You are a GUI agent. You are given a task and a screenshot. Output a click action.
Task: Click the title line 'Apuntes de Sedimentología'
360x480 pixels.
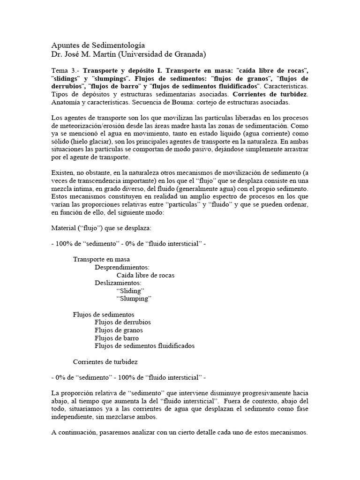(x=98, y=45)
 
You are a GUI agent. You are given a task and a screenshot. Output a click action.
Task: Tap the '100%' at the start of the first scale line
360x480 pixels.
(x=64, y=244)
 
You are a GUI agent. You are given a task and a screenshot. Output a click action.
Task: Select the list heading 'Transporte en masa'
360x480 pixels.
(x=102, y=259)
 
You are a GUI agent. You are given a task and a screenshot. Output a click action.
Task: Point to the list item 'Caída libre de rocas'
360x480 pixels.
(x=145, y=275)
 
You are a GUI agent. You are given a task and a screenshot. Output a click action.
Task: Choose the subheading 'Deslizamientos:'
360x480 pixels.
(x=118, y=283)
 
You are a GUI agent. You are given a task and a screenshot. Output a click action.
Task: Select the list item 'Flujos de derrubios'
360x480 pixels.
(x=123, y=322)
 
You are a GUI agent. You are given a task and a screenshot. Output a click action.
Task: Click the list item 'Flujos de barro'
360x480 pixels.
(x=117, y=338)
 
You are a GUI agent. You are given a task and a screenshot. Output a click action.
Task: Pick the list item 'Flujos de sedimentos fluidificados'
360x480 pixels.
(x=144, y=346)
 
